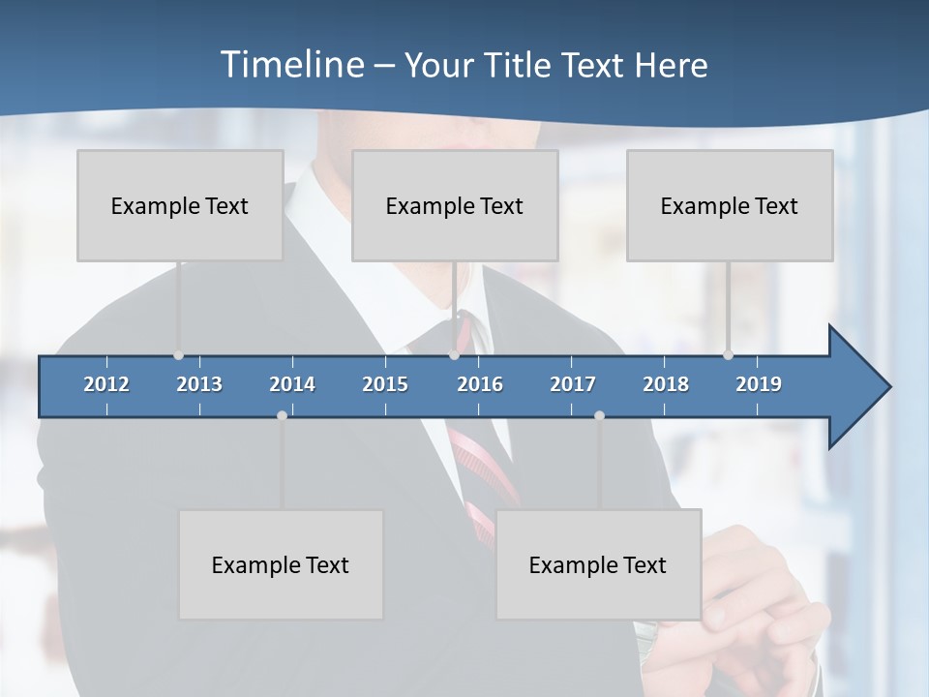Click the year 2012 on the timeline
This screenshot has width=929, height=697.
[106, 384]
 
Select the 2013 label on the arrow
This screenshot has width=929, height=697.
[199, 384]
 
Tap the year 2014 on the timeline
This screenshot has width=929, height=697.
[292, 384]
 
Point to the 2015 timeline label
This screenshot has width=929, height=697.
[385, 384]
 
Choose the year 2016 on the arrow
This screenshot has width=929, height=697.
[480, 384]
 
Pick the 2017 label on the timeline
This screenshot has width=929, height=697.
[573, 384]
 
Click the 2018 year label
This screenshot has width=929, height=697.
[666, 384]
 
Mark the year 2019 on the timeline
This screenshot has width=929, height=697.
[759, 384]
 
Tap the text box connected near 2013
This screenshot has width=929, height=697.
[180, 205]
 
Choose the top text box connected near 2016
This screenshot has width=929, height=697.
[455, 205]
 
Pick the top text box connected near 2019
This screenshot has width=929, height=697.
[730, 205]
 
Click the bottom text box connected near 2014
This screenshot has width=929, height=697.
[281, 564]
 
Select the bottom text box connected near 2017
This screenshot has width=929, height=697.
[598, 564]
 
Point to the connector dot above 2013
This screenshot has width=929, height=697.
[178, 355]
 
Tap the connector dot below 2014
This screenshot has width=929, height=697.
[282, 415]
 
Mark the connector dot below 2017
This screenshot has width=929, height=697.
[599, 415]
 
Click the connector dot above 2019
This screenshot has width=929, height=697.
[728, 355]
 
